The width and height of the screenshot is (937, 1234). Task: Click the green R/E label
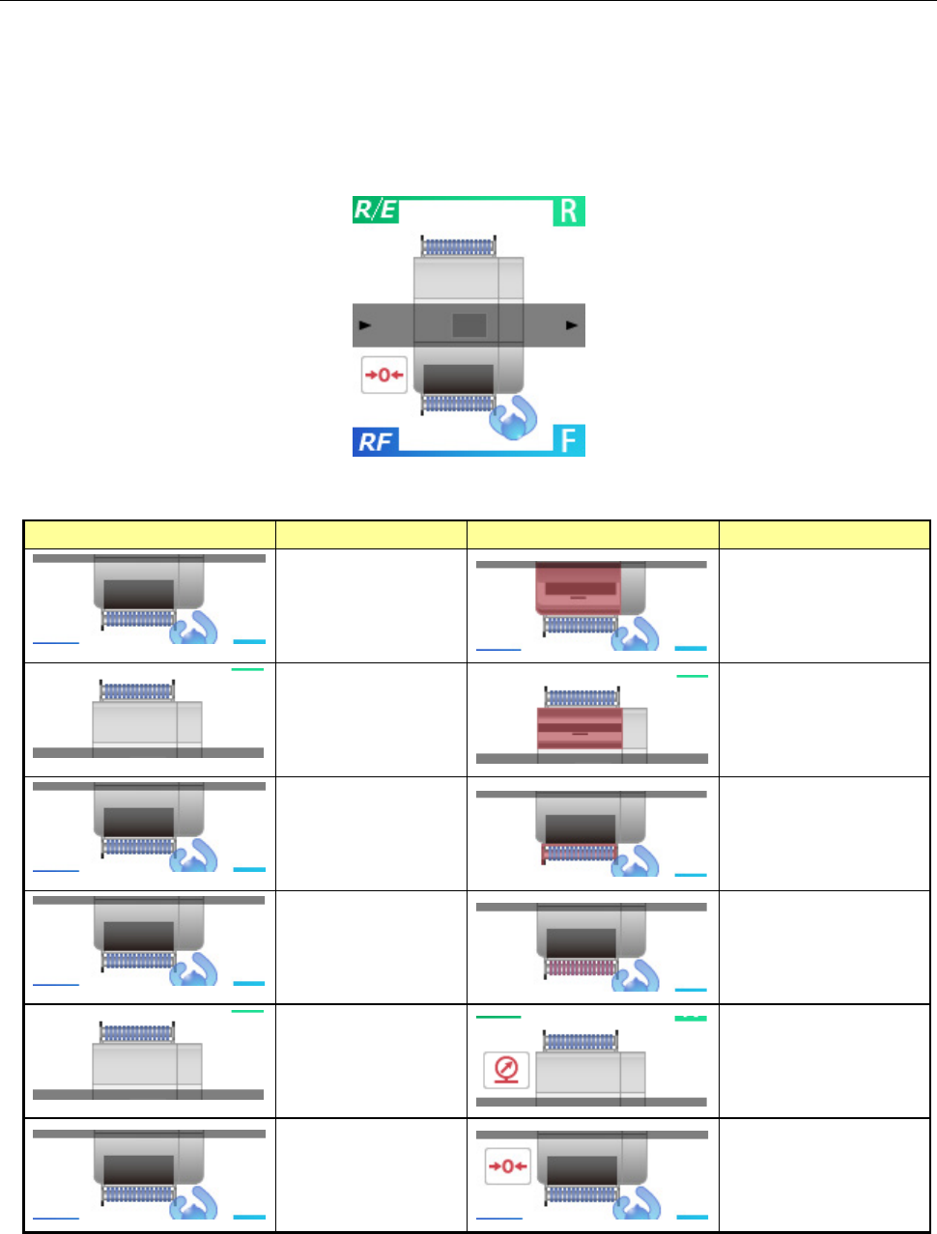point(375,210)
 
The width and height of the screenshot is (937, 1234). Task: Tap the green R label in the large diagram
point(569,211)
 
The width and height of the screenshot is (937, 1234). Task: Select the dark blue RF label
point(375,441)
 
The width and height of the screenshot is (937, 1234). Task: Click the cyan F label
point(569,440)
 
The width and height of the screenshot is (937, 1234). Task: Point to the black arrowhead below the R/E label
point(365,325)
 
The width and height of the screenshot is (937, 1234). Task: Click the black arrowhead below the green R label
point(572,325)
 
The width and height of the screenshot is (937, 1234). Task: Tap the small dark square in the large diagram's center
point(469,325)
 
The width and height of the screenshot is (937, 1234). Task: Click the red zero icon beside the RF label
point(383,375)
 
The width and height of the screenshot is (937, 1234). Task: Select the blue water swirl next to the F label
point(512,417)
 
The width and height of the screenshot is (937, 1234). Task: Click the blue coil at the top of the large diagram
point(459,247)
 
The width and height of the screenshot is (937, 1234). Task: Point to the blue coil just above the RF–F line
point(459,403)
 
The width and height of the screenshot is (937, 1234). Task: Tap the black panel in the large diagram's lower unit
point(459,378)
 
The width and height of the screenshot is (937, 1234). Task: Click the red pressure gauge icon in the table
point(506,1069)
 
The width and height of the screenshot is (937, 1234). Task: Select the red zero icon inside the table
point(507,1165)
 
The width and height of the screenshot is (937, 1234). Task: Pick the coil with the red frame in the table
point(580,853)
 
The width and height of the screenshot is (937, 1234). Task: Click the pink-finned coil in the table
point(581,968)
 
